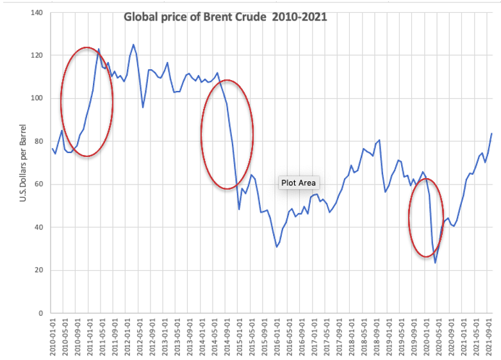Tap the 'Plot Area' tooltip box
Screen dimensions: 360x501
click(299, 183)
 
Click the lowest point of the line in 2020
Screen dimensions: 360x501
click(435, 263)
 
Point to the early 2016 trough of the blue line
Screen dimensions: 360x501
click(277, 247)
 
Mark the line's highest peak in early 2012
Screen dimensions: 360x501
click(133, 45)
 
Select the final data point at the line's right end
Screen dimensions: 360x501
click(491, 133)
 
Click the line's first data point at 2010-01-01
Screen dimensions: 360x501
click(52, 149)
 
